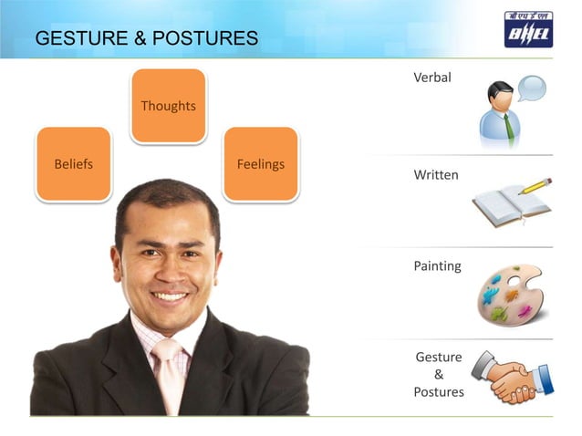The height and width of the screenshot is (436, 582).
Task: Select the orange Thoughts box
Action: (168, 106)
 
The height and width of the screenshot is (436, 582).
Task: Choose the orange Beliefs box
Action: (74, 164)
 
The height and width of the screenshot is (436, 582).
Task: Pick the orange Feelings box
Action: (260, 164)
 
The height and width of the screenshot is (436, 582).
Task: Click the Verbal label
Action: (432, 78)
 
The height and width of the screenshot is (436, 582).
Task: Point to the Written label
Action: (436, 174)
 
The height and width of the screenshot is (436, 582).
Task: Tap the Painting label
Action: (437, 266)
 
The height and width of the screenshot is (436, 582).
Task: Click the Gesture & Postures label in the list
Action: (439, 374)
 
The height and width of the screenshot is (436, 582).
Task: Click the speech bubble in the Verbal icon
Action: (531, 88)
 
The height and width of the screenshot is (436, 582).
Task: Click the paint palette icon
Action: (510, 295)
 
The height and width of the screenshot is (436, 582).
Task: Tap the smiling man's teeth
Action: (169, 296)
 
